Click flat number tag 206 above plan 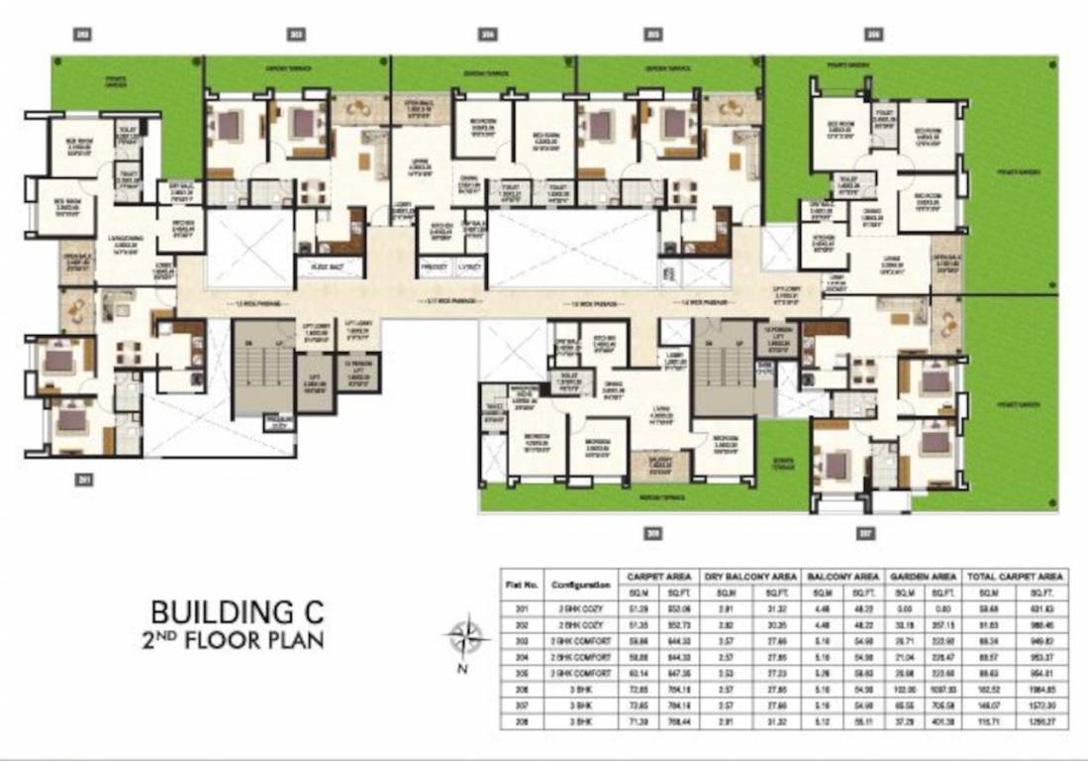[x=872, y=35]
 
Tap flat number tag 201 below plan [x=85, y=480]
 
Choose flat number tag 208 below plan [x=651, y=533]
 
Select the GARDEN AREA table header [x=922, y=575]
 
